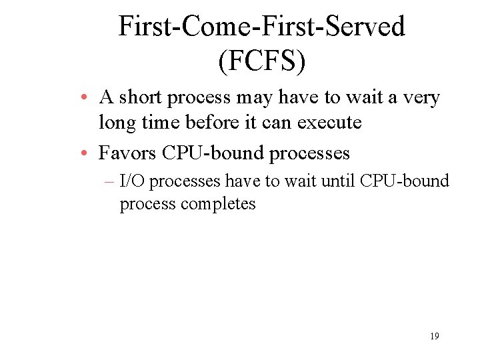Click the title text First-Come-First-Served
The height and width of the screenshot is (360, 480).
pyautogui.click(x=261, y=27)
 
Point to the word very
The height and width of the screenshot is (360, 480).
pyautogui.click(x=421, y=99)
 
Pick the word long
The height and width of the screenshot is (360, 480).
pyautogui.click(x=115, y=123)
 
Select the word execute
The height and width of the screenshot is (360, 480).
pyautogui.click(x=330, y=123)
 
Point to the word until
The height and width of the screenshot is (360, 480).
pyautogui.click(x=339, y=181)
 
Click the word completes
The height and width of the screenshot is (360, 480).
pyautogui.click(x=218, y=203)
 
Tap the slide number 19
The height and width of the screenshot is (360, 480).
pyautogui.click(x=434, y=336)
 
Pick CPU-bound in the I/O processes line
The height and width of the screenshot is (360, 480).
pyautogui.click(x=404, y=181)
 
